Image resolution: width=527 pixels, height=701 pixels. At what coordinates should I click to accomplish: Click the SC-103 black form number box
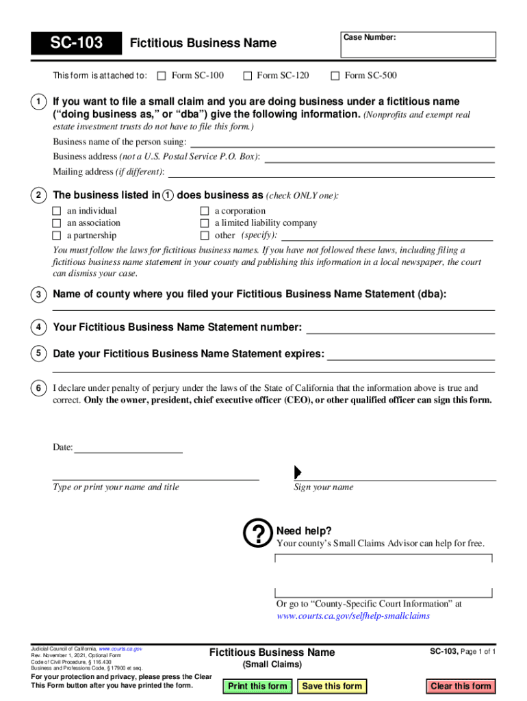pos(76,44)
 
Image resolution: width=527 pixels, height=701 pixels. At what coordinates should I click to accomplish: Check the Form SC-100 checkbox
pos(162,76)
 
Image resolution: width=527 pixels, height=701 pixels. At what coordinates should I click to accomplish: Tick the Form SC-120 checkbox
pos(247,76)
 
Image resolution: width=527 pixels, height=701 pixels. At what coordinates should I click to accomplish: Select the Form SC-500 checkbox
pos(335,76)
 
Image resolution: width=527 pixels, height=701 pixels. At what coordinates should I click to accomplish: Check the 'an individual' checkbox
pos(57,212)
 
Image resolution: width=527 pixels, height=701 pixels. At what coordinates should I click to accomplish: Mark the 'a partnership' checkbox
pos(57,235)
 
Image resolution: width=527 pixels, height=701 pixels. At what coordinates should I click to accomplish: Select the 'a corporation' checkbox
pos(204,212)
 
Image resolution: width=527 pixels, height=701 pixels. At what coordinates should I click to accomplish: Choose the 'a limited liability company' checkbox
pos(204,223)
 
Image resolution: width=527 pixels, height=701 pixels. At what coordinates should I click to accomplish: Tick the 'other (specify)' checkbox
pos(204,235)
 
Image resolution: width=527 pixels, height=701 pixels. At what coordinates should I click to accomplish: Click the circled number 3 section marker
pos(38,295)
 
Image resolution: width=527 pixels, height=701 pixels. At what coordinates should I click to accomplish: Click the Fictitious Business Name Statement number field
pos(400,328)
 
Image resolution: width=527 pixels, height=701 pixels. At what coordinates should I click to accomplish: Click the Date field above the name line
pos(128,447)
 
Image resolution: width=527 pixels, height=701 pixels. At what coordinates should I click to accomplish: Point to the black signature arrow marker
pos(298,472)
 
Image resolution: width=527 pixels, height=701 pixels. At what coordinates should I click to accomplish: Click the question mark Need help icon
pos(258,535)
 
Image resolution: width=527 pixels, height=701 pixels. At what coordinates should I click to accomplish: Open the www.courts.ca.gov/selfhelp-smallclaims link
pos(352,616)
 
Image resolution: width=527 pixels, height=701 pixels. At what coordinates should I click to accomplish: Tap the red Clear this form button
pos(461,686)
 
